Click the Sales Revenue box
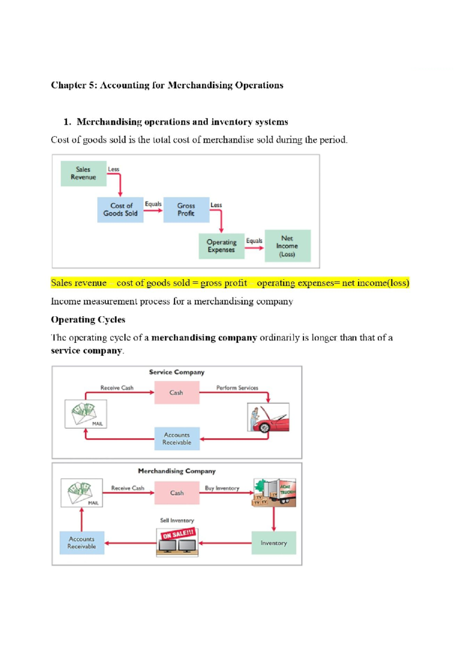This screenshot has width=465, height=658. tap(83, 173)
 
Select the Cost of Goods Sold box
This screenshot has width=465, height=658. tap(120, 210)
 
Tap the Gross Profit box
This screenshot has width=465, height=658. tap(186, 210)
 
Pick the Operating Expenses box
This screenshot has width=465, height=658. tap(221, 246)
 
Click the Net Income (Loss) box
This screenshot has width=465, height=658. tap(287, 246)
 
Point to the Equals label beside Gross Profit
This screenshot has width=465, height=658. tap(153, 204)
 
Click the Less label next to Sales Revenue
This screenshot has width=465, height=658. tap(113, 169)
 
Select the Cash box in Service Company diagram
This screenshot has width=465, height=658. tap(177, 393)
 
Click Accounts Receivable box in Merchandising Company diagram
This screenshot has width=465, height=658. tap(82, 543)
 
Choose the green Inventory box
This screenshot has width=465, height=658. tap(274, 543)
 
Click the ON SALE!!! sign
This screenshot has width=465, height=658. tap(178, 534)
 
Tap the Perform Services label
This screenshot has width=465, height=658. tap(237, 388)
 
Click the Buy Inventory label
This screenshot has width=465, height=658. tap(222, 488)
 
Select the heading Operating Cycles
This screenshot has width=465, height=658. tap(88, 320)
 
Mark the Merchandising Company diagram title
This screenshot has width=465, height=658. tap(177, 471)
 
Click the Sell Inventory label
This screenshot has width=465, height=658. tap(177, 520)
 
